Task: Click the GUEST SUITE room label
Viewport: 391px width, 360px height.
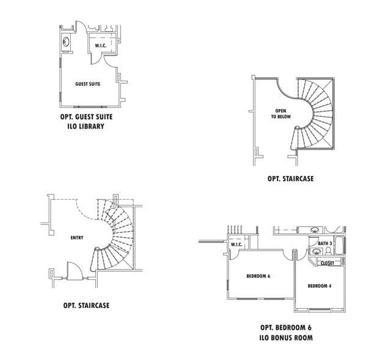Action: point(87,84)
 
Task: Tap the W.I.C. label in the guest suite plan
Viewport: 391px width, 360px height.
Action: point(100,46)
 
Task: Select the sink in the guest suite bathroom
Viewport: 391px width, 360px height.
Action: point(66,42)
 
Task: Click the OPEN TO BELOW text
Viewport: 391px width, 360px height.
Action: point(281,114)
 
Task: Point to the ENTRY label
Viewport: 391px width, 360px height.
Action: point(77,238)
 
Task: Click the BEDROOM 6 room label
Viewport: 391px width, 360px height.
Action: point(258,276)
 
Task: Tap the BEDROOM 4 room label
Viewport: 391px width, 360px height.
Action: point(320,286)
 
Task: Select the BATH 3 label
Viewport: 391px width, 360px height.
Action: point(325,243)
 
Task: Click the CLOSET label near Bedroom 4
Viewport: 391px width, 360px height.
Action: point(327,263)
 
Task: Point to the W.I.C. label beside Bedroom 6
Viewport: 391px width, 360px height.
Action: point(236,244)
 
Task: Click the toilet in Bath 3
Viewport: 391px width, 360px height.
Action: point(328,251)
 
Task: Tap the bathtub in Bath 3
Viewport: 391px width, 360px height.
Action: point(339,246)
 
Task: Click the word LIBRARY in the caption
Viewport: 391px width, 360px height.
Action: point(92,127)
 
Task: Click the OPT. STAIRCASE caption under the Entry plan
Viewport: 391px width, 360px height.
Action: point(86,306)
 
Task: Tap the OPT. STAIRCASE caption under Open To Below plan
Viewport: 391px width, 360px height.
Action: point(291,178)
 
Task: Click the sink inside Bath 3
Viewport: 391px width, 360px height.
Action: point(315,251)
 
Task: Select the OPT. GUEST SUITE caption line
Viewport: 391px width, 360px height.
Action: point(86,117)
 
